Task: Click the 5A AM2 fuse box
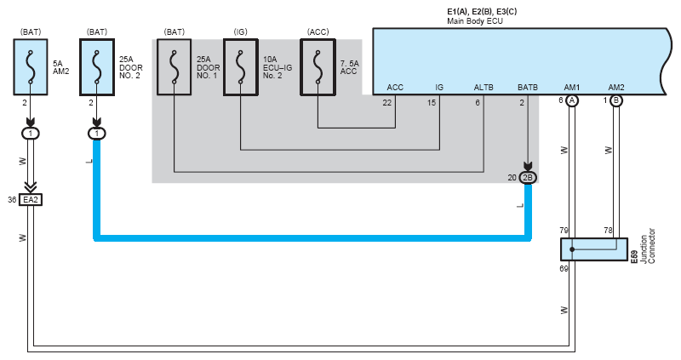coord(31,67)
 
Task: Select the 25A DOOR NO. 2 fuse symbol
coord(97,67)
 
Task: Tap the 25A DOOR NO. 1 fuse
coord(175,67)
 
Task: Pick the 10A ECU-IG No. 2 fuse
coord(241,67)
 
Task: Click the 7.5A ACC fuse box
coord(318,67)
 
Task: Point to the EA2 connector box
coord(31,200)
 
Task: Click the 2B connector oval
coord(528,178)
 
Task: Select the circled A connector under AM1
coord(572,100)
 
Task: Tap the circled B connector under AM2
coord(616,100)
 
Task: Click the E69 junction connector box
coord(594,249)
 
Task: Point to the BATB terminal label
coord(528,88)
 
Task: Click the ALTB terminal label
coord(484,88)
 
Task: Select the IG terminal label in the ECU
coord(439,88)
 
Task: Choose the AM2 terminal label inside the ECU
coord(616,88)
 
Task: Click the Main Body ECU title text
coord(475,20)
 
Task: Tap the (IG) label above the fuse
coord(241,31)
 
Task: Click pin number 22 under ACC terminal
coord(387,102)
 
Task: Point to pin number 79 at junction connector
coord(564,230)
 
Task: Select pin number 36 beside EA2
coord(12,200)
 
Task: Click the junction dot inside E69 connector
coord(572,249)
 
